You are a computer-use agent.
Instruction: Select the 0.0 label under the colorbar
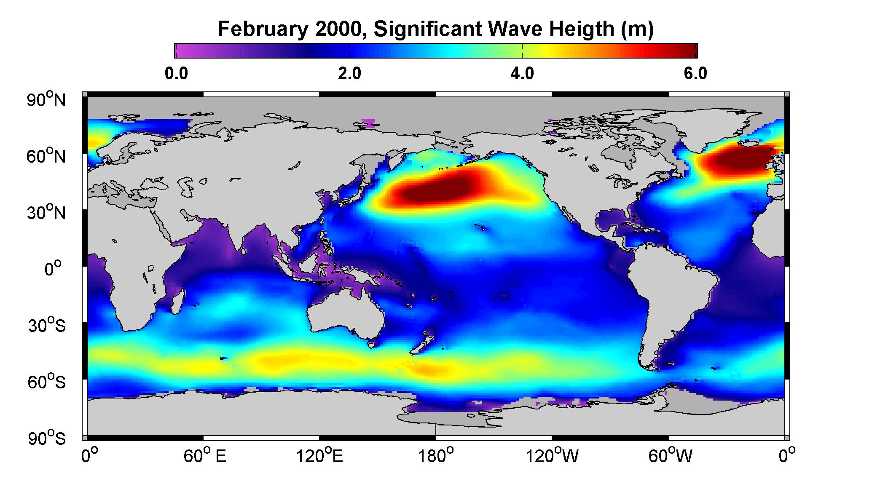point(177,74)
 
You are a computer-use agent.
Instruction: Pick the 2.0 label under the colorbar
point(350,74)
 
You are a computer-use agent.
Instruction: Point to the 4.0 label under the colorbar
point(522,74)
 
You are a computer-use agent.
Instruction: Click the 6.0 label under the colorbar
point(695,74)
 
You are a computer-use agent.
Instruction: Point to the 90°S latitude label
point(47,438)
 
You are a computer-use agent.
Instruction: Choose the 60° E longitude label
point(205,456)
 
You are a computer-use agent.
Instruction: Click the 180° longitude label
point(436,456)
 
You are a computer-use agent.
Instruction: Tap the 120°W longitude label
point(552,456)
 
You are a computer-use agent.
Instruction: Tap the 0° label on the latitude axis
point(53,269)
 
